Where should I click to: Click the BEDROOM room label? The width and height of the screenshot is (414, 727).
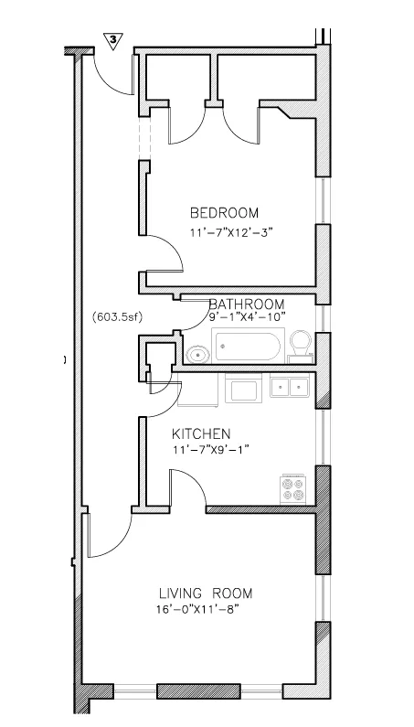pos(224,212)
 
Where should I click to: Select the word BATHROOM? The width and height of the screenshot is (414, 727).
pos(247,304)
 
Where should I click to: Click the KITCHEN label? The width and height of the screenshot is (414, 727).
pos(201,433)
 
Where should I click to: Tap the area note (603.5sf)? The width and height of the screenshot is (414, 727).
pos(116,318)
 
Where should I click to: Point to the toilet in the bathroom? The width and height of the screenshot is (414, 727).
pos(300,347)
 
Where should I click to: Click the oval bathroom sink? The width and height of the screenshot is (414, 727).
pos(196,354)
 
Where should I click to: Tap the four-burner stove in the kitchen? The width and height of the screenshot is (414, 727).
pos(294,488)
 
